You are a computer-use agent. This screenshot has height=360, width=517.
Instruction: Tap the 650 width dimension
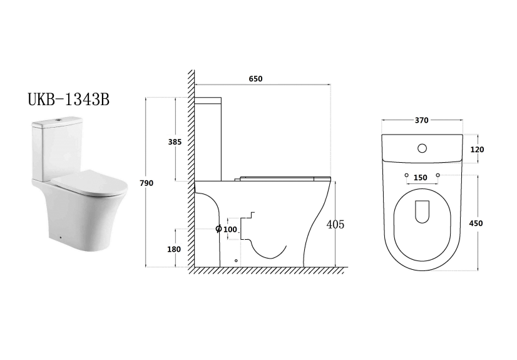pyautogui.click(x=255, y=79)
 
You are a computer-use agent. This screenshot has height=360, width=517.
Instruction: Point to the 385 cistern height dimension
pyautogui.click(x=175, y=142)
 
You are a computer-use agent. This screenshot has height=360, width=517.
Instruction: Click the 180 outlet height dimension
pyautogui.click(x=174, y=249)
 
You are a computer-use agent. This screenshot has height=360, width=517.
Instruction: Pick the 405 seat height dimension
pyautogui.click(x=335, y=224)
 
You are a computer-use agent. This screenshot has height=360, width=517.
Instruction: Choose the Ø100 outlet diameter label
pyautogui.click(x=227, y=230)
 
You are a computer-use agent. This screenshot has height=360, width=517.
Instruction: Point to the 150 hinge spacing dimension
pyautogui.click(x=421, y=178)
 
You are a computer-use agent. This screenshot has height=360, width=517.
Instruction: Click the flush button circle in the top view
pyautogui.click(x=422, y=149)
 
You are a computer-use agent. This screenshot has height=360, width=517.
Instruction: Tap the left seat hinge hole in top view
pyautogui.click(x=406, y=174)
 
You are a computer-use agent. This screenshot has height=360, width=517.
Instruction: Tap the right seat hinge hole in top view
pyautogui.click(x=438, y=174)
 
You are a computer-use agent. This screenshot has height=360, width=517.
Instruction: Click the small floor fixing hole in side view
pyautogui.click(x=235, y=260)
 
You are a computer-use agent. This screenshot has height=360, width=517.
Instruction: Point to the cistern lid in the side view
pyautogui.click(x=208, y=100)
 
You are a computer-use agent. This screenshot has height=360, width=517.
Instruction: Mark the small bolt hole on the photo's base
pyautogui.click(x=58, y=237)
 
